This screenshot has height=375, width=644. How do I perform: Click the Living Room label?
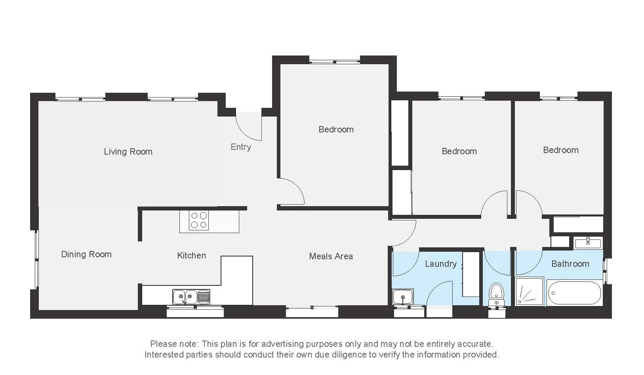(128, 151)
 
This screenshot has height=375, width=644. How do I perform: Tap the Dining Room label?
(86, 254)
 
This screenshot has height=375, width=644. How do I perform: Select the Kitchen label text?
(191, 256)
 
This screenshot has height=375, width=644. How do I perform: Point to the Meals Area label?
(331, 256)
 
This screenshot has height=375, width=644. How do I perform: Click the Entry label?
(241, 147)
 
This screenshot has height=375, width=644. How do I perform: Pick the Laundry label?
(440, 264)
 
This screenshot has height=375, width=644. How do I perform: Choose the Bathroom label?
(570, 264)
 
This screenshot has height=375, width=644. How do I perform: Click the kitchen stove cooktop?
(199, 220)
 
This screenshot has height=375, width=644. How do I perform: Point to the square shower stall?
(529, 291)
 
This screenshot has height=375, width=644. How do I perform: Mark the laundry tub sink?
(403, 297)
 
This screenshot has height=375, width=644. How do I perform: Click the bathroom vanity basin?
(588, 243)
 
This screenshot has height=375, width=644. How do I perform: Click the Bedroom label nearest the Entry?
(336, 130)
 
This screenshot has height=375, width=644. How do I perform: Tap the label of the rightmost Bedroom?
(560, 150)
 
